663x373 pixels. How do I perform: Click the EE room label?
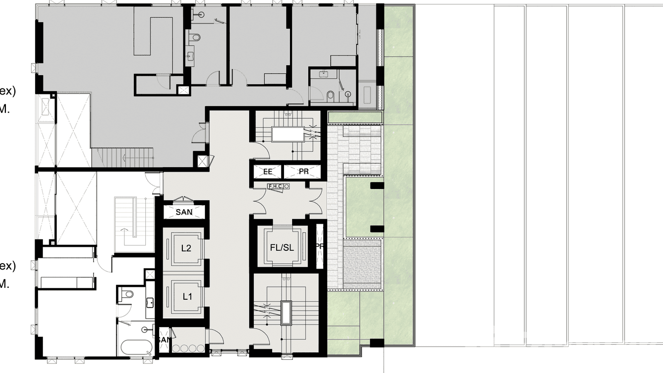[268, 172]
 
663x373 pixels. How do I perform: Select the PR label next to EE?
[303, 172]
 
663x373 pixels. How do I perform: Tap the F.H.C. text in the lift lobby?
[275, 186]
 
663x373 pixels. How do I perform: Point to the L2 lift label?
[186, 248]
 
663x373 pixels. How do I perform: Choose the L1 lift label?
[187, 297]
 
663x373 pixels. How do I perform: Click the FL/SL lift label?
[282, 248]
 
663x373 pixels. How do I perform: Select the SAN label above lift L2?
[184, 212]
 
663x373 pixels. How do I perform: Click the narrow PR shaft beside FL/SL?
[319, 246]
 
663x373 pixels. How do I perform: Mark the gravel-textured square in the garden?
[363, 264]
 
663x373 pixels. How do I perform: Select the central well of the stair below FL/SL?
[286, 313]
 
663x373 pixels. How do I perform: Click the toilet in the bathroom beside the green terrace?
[331, 95]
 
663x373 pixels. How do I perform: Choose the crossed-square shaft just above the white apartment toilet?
[149, 275]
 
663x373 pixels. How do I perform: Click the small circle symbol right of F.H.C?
[286, 186]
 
